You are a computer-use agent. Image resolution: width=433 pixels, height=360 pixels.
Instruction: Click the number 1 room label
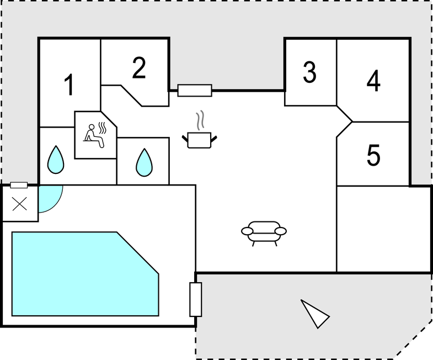(x=69, y=85)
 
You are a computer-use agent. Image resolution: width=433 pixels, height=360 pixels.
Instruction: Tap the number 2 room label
(x=139, y=68)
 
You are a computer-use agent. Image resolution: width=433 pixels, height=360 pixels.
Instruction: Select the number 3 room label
(x=309, y=72)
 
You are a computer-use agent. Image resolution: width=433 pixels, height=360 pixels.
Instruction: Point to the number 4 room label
(x=373, y=82)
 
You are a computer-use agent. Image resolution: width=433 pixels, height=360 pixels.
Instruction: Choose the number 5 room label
(x=373, y=156)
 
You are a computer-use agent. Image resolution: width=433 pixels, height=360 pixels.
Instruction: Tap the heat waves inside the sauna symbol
(x=101, y=126)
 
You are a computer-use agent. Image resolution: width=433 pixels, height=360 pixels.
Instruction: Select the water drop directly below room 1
(x=56, y=159)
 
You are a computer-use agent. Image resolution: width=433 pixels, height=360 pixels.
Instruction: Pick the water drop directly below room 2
(x=144, y=162)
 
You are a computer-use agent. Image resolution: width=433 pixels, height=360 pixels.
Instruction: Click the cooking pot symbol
(x=200, y=139)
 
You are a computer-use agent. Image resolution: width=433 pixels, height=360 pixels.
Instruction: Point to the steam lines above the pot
(x=201, y=120)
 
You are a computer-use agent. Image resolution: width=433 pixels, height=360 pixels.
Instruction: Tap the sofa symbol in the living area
(x=264, y=232)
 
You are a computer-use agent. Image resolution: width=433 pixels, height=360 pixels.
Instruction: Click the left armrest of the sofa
(x=247, y=231)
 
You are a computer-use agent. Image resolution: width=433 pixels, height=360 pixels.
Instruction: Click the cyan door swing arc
(x=51, y=198)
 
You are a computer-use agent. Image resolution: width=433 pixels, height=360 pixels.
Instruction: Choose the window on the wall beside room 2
(x=195, y=90)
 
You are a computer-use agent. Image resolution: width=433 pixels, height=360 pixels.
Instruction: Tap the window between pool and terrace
(x=196, y=299)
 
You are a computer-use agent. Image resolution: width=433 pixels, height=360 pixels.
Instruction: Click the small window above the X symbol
(x=19, y=185)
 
